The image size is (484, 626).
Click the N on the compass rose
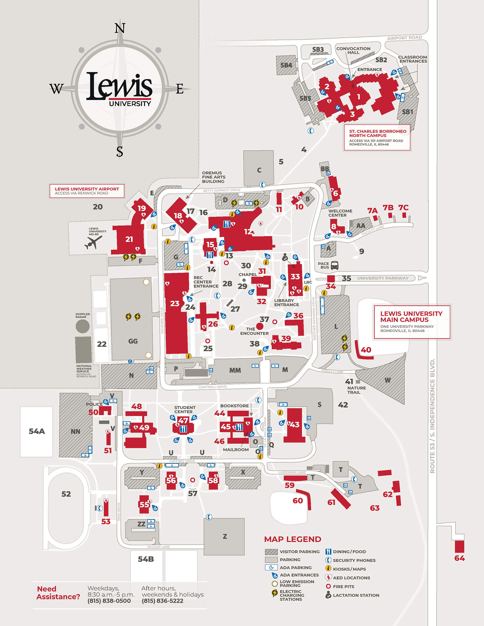[x=120, y=28]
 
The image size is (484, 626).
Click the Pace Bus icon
[x=334, y=266]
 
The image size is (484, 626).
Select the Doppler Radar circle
[x=82, y=326]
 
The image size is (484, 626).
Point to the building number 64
[x=459, y=558]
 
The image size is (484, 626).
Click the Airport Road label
[x=404, y=38]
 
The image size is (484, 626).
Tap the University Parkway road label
[x=383, y=278]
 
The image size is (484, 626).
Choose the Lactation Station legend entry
[x=356, y=595]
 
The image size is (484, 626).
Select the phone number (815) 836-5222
[x=162, y=601]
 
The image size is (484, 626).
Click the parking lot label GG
[x=133, y=341]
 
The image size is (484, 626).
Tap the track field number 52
[x=66, y=494]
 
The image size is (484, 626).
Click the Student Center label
[x=185, y=409]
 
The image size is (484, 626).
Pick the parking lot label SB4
[x=286, y=65]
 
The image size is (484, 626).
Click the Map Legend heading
[x=292, y=539]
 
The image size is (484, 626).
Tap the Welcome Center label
[x=340, y=213]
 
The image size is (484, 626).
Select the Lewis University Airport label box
[x=87, y=191]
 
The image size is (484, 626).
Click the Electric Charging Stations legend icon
[x=275, y=593]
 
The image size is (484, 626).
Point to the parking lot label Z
[x=225, y=536]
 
